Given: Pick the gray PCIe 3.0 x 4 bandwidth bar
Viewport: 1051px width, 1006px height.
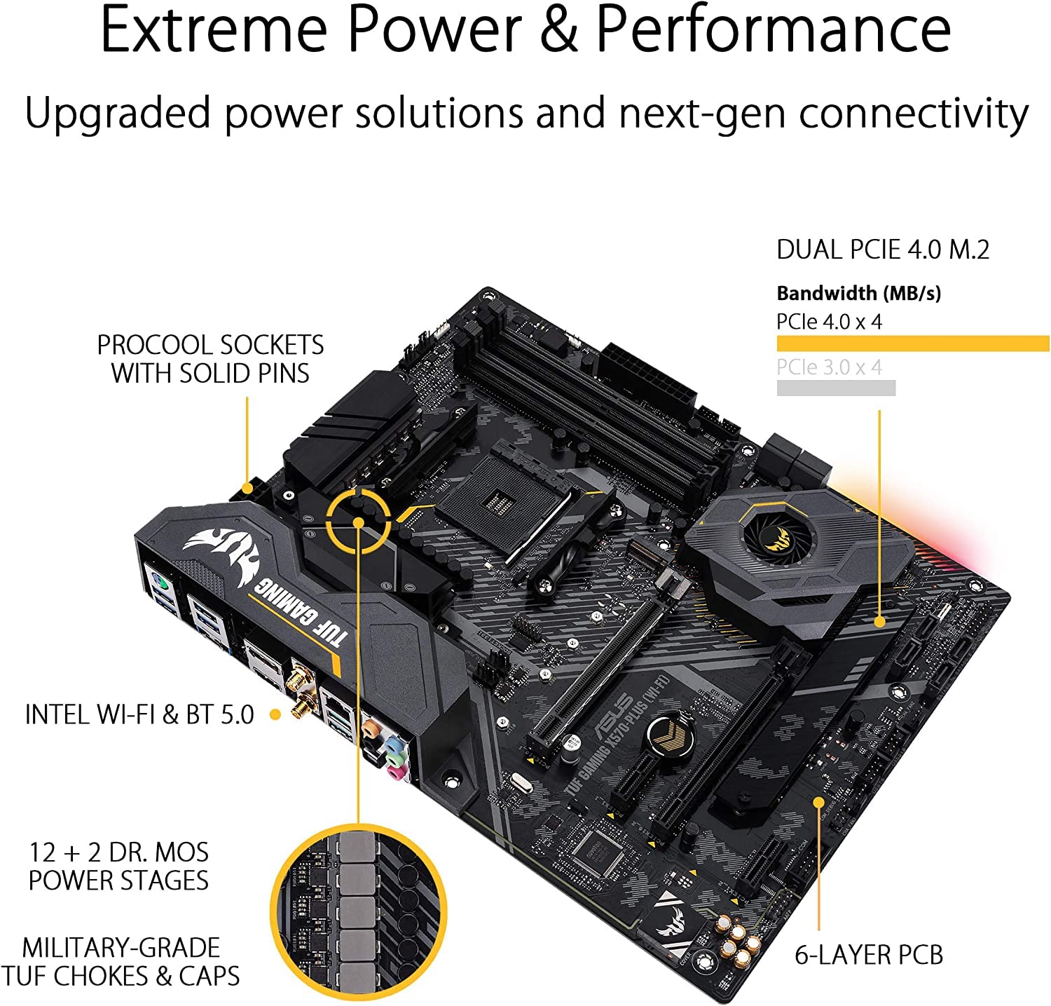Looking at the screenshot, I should click(836, 388).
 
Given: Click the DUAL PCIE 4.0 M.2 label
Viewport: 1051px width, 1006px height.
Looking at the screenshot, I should click(883, 250).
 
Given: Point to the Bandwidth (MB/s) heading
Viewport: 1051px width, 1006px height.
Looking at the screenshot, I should click(858, 293).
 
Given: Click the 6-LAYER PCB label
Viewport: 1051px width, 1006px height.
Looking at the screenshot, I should click(869, 955).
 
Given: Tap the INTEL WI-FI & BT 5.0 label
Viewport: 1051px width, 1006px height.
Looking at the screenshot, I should click(139, 714).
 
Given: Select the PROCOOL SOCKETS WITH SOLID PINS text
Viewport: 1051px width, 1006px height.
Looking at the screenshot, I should click(210, 359).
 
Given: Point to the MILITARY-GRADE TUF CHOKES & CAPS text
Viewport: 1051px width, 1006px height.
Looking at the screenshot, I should click(121, 962).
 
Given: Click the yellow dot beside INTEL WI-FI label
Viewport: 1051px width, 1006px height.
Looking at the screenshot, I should click(275, 714).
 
